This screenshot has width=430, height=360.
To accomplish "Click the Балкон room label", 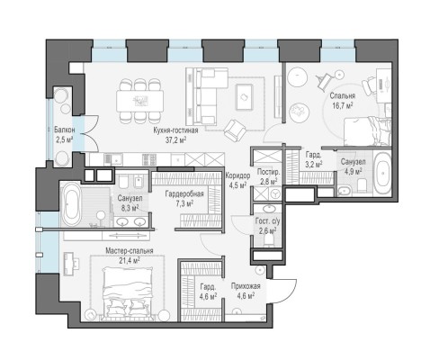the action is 64,130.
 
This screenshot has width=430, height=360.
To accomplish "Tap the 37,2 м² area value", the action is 175,139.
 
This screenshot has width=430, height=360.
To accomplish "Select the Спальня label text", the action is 343,96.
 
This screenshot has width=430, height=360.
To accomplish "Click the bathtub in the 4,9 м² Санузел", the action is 382,174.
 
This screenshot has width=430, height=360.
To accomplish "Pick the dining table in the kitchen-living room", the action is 140,101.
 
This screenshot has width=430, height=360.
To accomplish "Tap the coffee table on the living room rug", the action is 244,96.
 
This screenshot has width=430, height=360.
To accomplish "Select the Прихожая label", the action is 246,286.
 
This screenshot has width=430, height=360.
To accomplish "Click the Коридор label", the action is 237,175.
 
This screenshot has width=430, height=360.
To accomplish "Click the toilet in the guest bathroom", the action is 269,240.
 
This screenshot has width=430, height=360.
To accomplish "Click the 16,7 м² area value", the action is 343,105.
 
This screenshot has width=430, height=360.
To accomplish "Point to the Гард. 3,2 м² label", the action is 314,159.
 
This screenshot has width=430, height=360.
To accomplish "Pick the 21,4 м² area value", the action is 129,260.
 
